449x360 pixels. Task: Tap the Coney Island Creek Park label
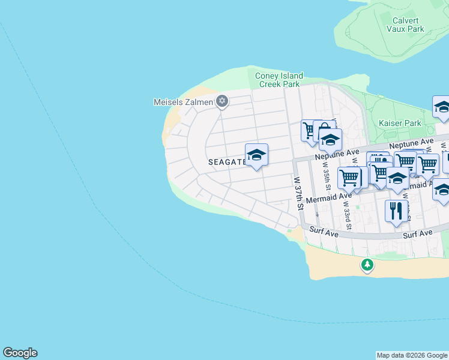279,80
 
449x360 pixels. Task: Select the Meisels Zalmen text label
183,101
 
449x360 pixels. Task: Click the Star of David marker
222,101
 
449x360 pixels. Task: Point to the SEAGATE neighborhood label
226,162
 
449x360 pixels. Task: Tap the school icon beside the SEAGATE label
256,155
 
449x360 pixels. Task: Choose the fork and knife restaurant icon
396,211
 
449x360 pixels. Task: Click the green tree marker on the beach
367,264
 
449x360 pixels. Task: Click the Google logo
20,353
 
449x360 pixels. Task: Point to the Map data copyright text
412,355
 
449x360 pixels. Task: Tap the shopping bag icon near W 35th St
324,128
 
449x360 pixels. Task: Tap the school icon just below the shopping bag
330,140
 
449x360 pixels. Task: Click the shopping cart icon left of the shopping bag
310,130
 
